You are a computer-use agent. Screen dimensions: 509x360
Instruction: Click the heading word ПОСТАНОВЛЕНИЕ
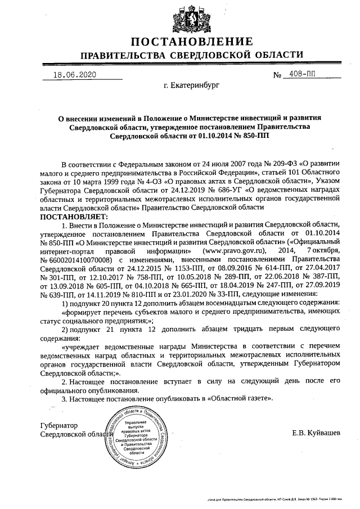click(191, 42)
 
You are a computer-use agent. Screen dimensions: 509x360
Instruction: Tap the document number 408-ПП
click(302, 74)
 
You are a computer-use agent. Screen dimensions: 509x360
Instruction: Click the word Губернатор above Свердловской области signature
click(58, 425)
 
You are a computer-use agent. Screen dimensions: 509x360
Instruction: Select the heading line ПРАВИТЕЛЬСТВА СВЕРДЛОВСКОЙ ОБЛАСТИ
click(191, 56)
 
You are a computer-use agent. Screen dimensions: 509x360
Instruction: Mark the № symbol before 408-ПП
click(277, 75)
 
